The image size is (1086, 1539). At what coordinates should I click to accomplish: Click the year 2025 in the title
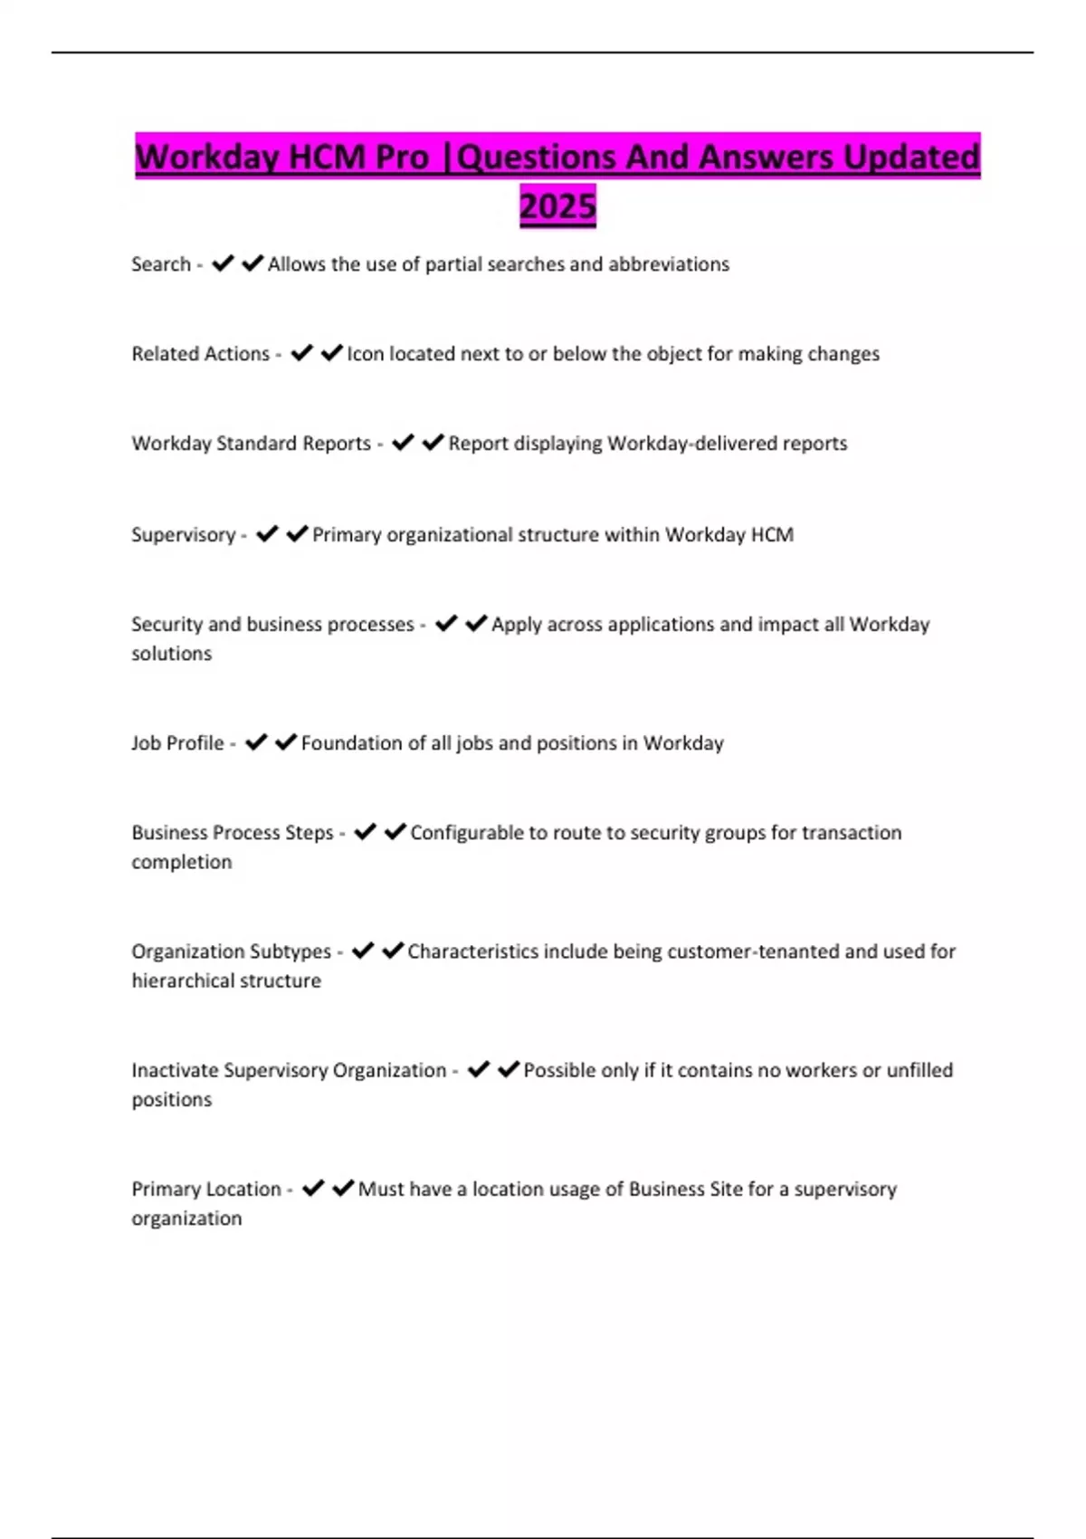(x=557, y=206)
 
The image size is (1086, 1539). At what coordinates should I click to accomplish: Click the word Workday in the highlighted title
(x=206, y=158)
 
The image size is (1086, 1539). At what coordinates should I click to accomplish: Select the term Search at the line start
(x=161, y=264)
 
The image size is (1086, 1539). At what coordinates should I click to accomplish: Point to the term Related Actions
(x=201, y=354)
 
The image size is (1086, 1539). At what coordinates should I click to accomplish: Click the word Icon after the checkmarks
(x=365, y=354)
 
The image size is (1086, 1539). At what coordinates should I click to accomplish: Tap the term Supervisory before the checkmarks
(x=184, y=535)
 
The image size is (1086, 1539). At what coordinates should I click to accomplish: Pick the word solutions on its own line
(x=172, y=654)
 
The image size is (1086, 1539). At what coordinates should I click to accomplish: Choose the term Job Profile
(x=177, y=743)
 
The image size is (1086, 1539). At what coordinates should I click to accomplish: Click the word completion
(x=182, y=862)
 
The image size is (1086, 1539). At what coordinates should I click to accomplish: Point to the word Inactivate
(x=175, y=1070)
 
